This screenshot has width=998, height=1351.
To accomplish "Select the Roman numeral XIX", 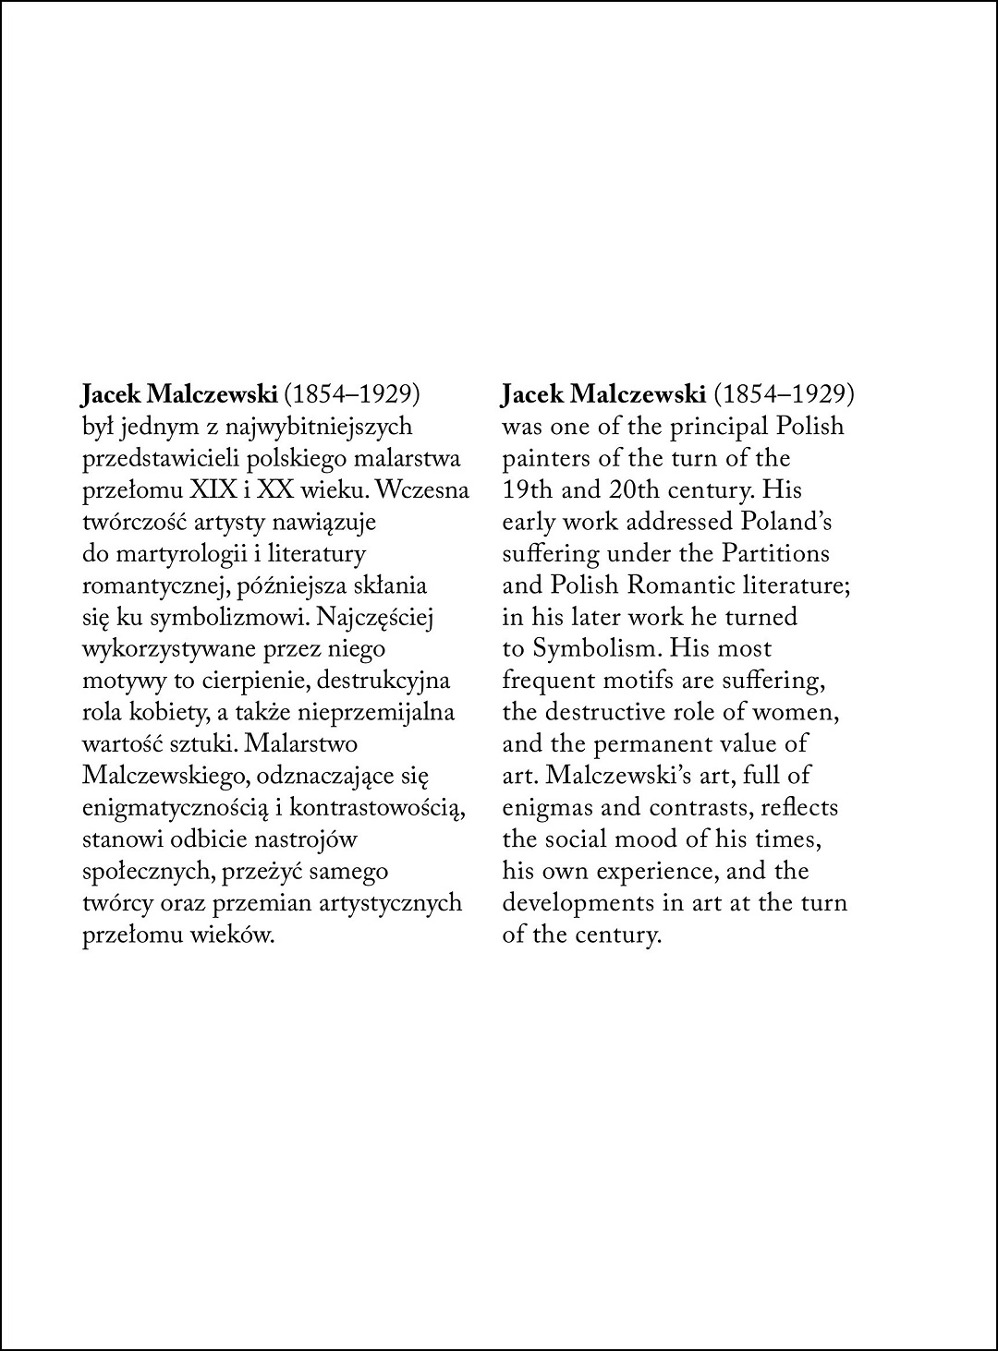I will (236, 490).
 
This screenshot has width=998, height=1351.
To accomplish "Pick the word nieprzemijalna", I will (377, 712).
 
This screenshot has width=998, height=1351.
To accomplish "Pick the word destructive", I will (608, 712).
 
